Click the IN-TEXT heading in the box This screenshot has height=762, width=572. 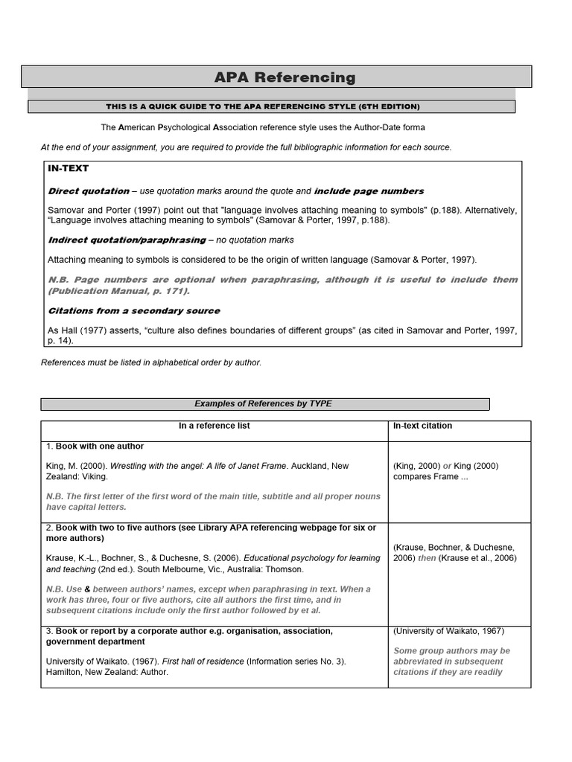[x=69, y=169]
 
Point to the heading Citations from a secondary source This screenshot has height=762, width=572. [x=134, y=310]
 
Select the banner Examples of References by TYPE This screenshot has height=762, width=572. [x=263, y=403]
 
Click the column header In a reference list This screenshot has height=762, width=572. [x=214, y=426]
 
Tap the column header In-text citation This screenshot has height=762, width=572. [x=422, y=426]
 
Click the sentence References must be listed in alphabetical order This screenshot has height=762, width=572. [x=151, y=362]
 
